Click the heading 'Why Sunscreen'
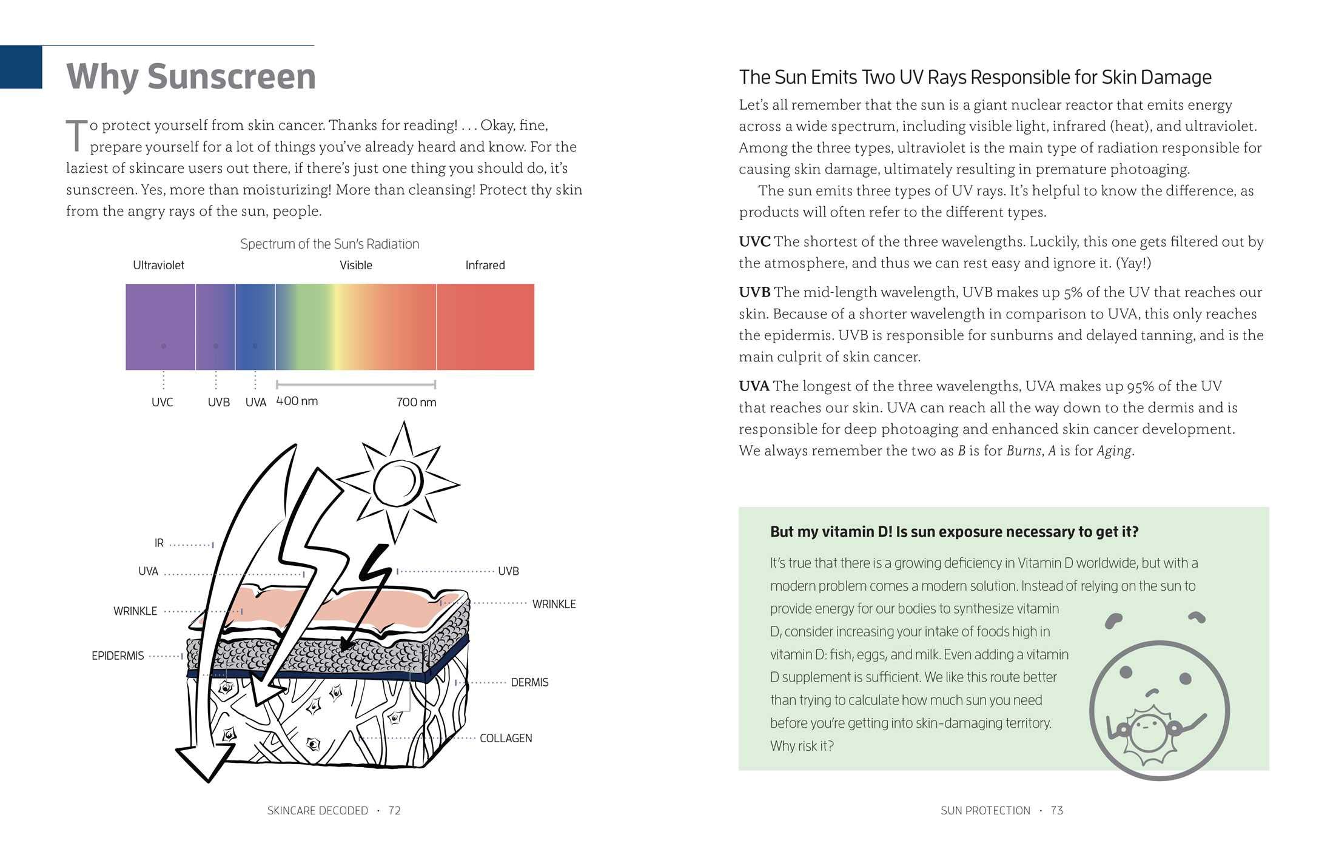(x=191, y=76)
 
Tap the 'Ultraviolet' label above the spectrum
(x=158, y=265)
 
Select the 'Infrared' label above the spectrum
(x=485, y=265)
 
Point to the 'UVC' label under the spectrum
(x=162, y=402)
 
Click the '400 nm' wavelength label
(x=297, y=401)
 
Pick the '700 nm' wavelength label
(x=416, y=402)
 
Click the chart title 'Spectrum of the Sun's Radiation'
(x=329, y=244)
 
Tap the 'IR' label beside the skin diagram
(x=159, y=543)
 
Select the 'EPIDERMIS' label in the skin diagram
(x=118, y=656)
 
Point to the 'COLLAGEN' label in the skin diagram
(x=506, y=738)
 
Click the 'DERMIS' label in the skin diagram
(x=529, y=682)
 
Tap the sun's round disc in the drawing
(x=398, y=484)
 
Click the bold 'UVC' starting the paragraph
(x=754, y=241)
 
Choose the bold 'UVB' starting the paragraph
(x=754, y=292)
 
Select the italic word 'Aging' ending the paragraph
(x=1114, y=451)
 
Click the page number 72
(x=395, y=810)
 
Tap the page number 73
(x=1057, y=810)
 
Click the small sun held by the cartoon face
(x=1146, y=731)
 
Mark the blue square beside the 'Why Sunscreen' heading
(x=21, y=67)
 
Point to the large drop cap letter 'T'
(x=77, y=135)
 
